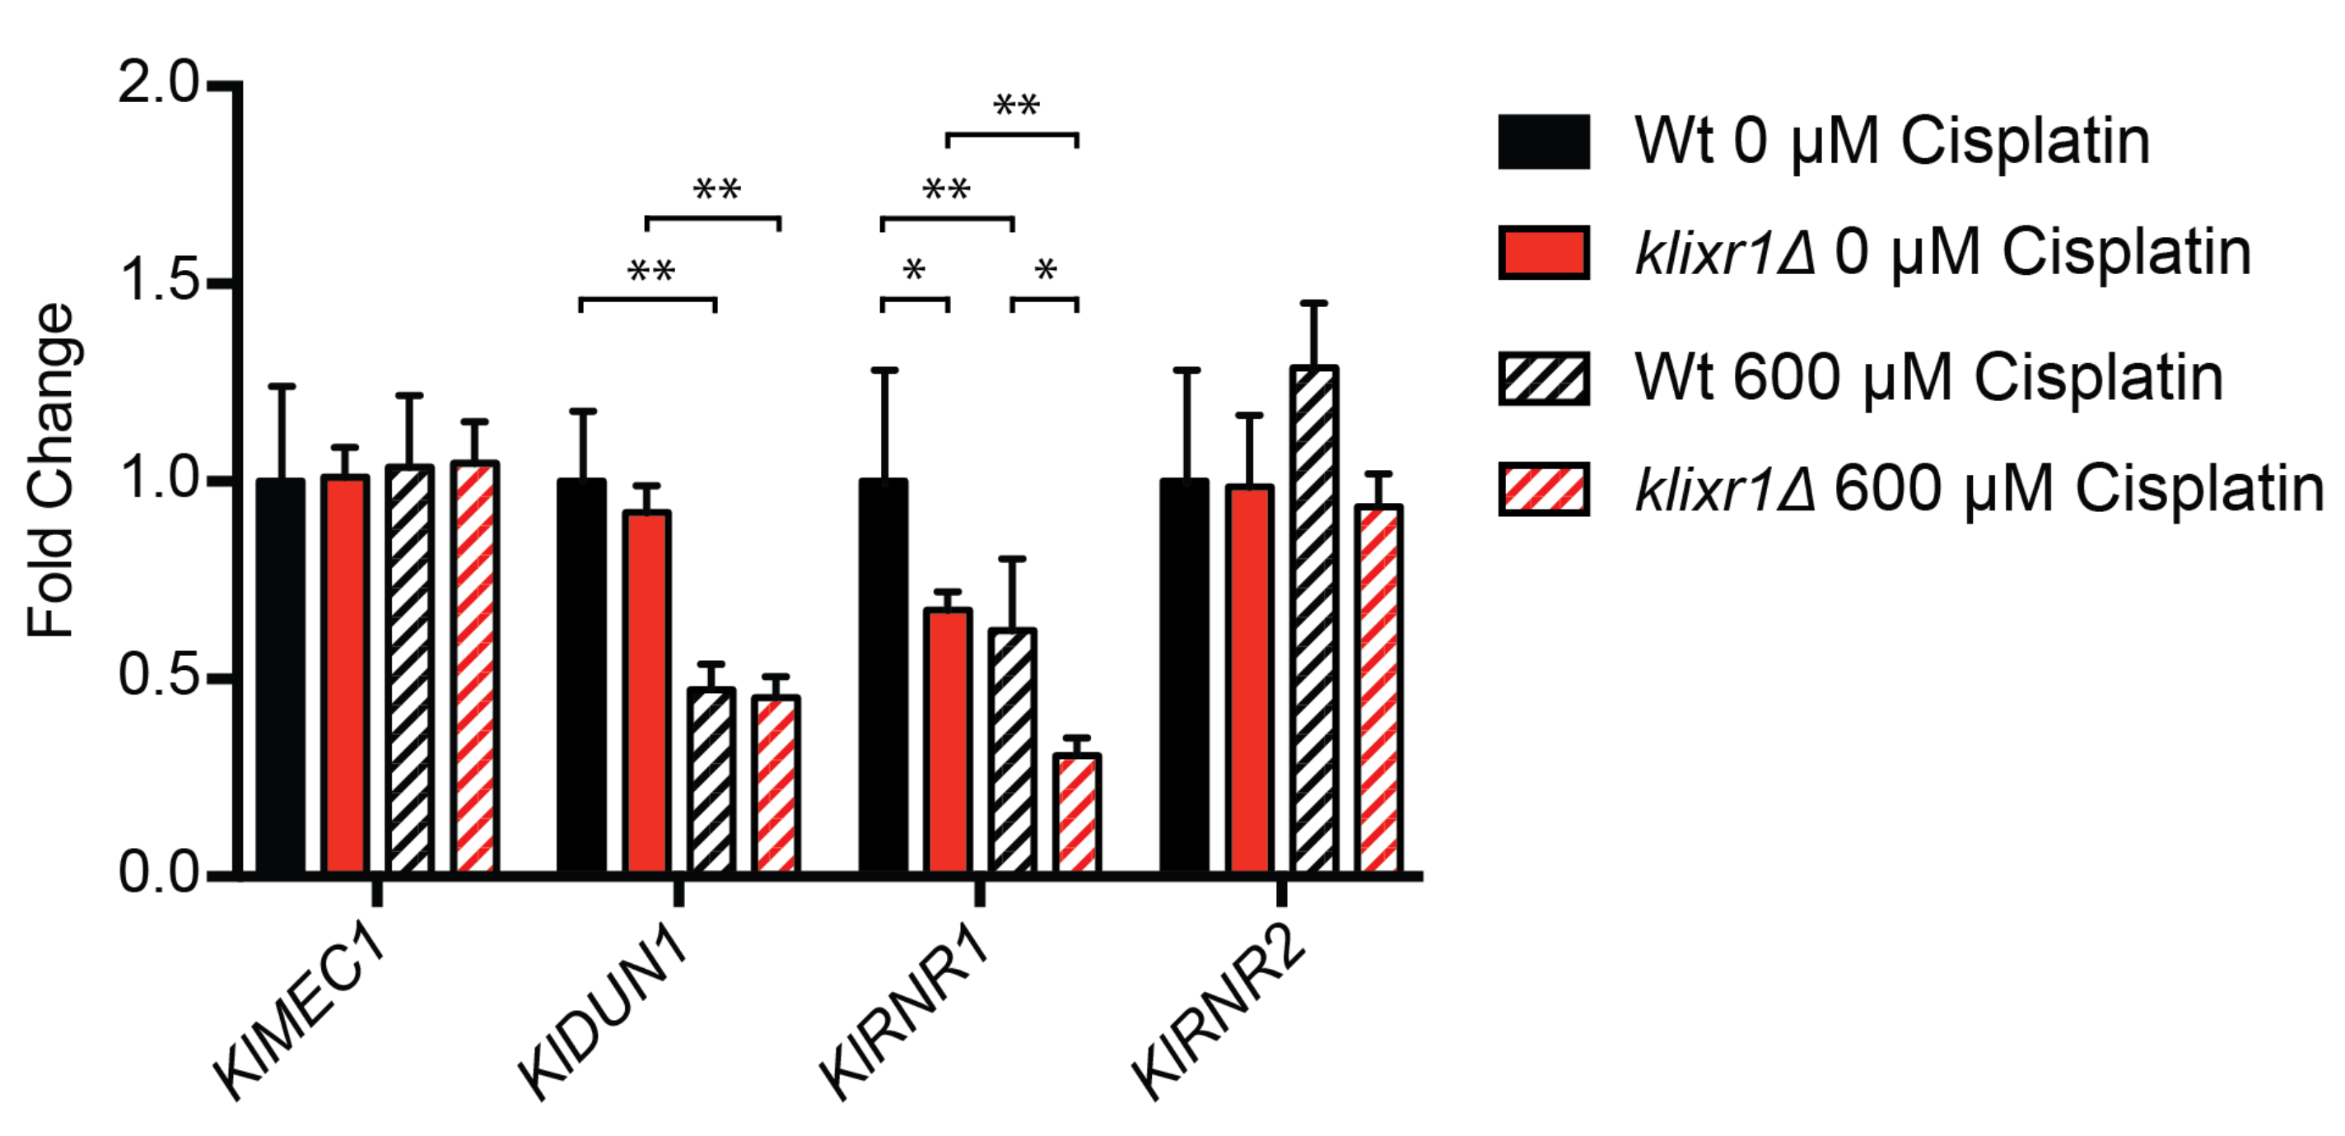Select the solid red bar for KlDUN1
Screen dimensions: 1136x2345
[x=646, y=691]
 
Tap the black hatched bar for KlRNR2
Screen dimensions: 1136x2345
[x=1313, y=619]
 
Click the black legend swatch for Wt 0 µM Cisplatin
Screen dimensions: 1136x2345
[x=1544, y=142]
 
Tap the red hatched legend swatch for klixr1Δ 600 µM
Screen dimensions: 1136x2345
[x=1544, y=490]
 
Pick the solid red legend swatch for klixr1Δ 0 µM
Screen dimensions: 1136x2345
[x=1544, y=252]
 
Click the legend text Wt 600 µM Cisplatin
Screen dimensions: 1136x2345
[x=1928, y=377]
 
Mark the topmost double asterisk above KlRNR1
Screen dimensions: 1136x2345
[x=1016, y=105]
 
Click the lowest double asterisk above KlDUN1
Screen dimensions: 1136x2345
[x=650, y=272]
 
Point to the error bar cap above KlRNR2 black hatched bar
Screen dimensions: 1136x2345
[x=1313, y=303]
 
